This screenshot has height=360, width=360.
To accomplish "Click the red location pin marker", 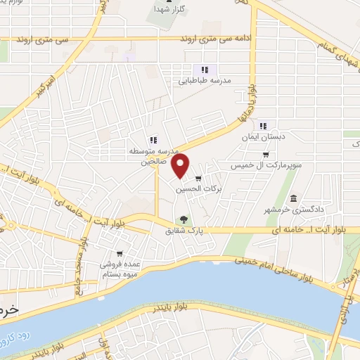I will click(x=181, y=166).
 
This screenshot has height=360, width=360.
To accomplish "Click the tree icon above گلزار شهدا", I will click(x=160, y=9).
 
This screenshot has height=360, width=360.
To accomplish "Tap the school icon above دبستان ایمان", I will click(x=263, y=126).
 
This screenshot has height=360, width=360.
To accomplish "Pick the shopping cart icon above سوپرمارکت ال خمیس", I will click(x=265, y=155).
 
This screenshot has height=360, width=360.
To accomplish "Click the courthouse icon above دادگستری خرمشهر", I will click(x=293, y=198).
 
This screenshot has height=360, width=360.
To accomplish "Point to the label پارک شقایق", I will click(x=183, y=230).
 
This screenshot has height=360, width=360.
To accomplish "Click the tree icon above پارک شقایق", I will click(x=184, y=219).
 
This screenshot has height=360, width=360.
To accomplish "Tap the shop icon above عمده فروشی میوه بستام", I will click(x=120, y=253).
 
